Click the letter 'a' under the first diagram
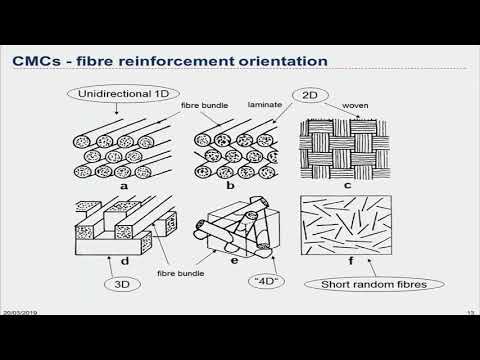153,187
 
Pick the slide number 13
469,340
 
